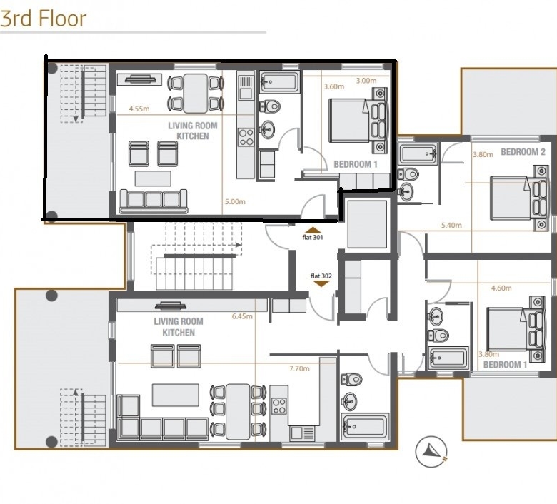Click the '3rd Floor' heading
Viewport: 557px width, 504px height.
tap(44, 19)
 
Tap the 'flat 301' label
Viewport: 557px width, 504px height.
tap(313, 237)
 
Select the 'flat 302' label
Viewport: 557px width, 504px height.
tap(321, 276)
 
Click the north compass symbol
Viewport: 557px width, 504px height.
tap(431, 452)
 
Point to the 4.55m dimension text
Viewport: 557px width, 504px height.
tap(139, 109)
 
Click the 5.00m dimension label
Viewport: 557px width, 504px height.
tap(235, 202)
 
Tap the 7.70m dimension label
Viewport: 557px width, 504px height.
tap(299, 368)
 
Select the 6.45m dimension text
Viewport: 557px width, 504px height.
tap(242, 316)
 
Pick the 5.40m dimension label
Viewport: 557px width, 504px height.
tap(451, 225)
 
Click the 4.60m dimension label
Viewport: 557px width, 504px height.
tap(501, 288)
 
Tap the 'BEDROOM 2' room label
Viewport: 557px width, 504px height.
tap(523, 152)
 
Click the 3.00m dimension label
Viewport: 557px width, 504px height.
tap(366, 81)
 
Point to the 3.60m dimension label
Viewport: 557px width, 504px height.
tap(334, 86)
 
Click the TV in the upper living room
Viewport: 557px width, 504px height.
tap(140, 79)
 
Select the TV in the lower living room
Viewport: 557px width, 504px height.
tap(171, 306)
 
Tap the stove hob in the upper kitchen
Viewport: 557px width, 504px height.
tap(246, 137)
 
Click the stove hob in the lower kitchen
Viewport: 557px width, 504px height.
tap(278, 406)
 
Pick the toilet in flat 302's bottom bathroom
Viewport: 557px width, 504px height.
tap(351, 379)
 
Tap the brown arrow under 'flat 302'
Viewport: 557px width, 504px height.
tap(321, 284)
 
